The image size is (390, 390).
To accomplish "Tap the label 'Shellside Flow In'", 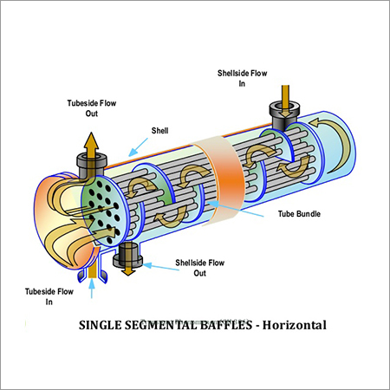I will click(x=244, y=78).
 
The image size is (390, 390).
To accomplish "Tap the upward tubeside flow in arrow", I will click(x=93, y=282).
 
